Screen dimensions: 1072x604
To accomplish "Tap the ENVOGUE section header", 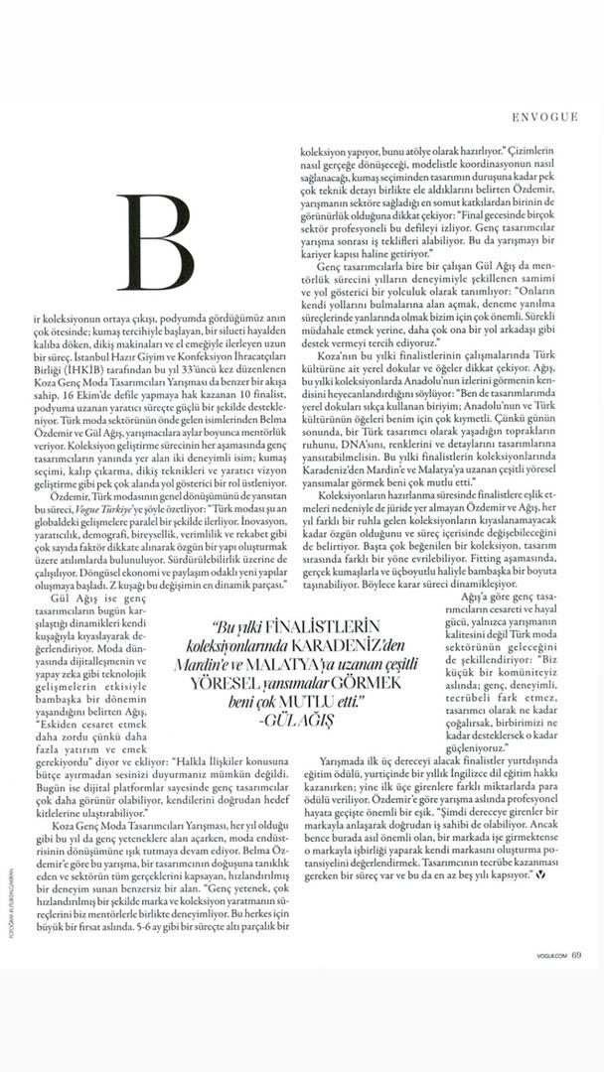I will pos(545,116).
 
